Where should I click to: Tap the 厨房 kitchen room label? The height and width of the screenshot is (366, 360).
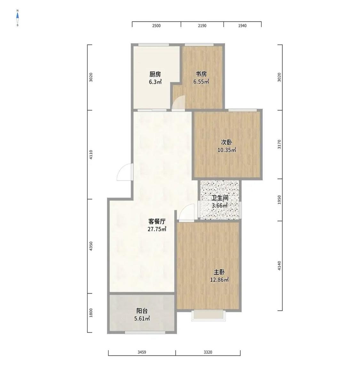tap(155, 75)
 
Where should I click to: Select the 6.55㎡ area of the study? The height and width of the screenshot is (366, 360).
tap(201, 82)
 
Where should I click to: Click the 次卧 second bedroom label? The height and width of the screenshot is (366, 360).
tap(227, 142)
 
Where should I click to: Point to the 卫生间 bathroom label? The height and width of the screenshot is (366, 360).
tap(220, 198)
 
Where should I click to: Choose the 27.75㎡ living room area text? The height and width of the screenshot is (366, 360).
tap(157, 229)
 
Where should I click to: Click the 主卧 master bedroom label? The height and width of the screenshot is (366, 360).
tap(219, 272)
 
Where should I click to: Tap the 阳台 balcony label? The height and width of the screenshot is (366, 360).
tap(142, 311)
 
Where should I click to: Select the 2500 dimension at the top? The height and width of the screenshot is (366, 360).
tap(156, 26)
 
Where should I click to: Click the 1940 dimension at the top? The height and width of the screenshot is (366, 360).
tap(243, 26)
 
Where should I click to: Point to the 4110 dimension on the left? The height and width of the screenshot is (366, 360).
tap(91, 155)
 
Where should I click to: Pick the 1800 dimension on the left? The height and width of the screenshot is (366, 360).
tap(91, 313)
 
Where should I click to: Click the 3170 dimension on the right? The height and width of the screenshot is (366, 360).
tap(279, 144)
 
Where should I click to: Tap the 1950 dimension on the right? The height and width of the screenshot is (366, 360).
tap(279, 200)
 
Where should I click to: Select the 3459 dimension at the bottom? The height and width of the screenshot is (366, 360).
tap(142, 352)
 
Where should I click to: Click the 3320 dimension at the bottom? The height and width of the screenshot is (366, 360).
tap(208, 352)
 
